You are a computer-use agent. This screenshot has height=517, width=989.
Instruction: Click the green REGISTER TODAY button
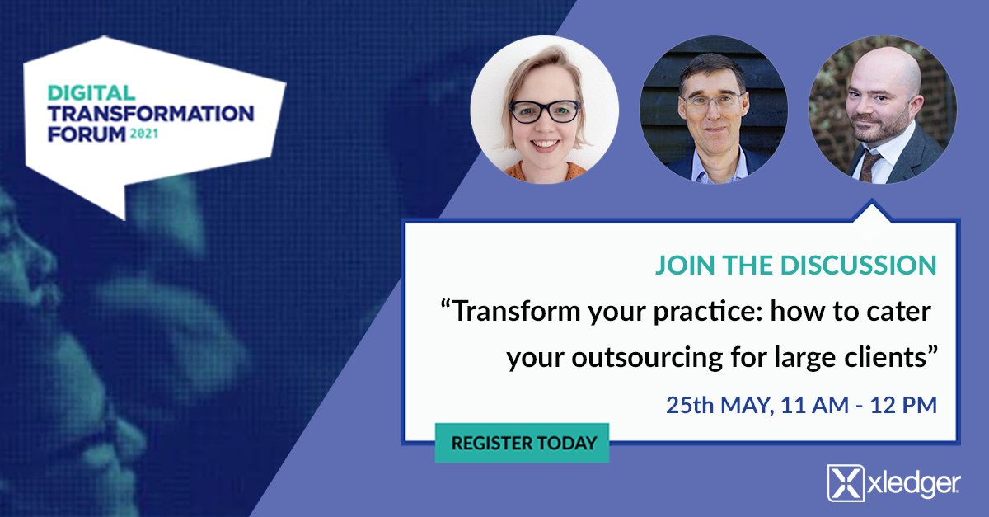522,443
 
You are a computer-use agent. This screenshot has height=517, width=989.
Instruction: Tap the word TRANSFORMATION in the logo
151,112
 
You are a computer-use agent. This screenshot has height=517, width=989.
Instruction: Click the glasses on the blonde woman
545,111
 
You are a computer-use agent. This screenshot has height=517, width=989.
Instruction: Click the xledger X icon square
844,483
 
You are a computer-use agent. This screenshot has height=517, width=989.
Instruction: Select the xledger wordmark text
912,484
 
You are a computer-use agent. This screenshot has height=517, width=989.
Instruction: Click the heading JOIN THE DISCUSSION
795,266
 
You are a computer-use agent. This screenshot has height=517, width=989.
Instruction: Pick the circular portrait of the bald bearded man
882,109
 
